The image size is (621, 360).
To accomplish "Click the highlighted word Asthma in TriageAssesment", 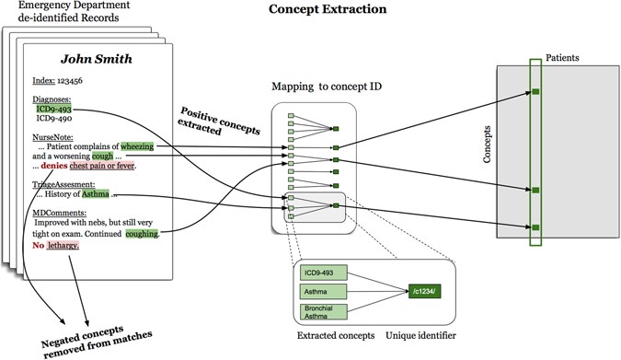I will pyautogui.click(x=96, y=196).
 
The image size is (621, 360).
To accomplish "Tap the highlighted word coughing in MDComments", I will pyautogui.click(x=141, y=234).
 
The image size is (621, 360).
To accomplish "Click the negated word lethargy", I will pyautogui.click(x=64, y=246).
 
